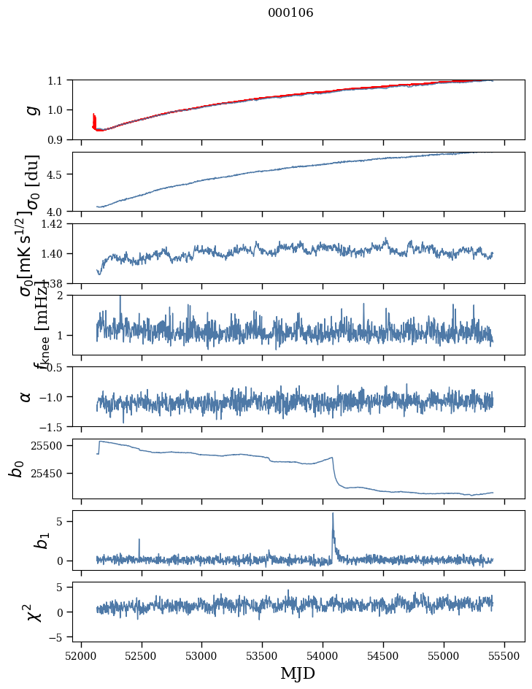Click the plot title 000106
pyautogui.click(x=290, y=13)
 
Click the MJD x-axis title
pyautogui.click(x=298, y=673)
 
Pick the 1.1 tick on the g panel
pyautogui.click(x=58, y=80)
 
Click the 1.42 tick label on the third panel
pyautogui.click(x=54, y=224)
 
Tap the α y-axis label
pyautogui.click(x=26, y=396)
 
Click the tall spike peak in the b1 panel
pyautogui.click(x=333, y=513)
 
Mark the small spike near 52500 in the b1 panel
pyautogui.click(x=139, y=539)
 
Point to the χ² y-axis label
pyautogui.click(x=33, y=612)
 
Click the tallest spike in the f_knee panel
pyautogui.click(x=120, y=296)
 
